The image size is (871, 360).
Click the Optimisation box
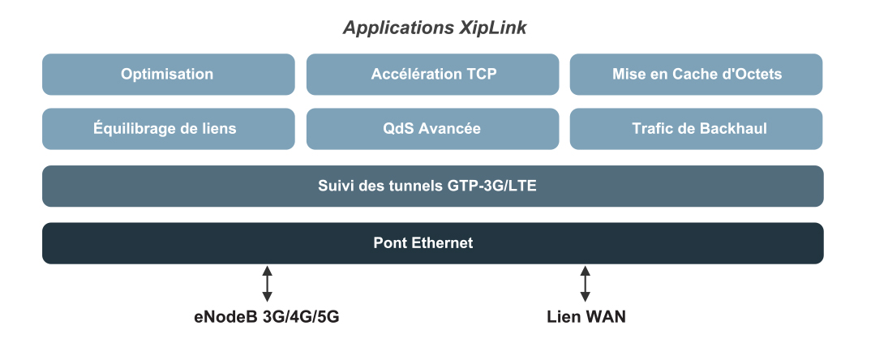[x=168, y=75]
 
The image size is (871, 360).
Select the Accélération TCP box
[x=432, y=75]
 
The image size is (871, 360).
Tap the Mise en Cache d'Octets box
[x=696, y=75]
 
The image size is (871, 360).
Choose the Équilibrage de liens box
[x=168, y=129]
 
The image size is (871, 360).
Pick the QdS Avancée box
[x=432, y=129]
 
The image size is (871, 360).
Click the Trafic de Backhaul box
[x=696, y=129]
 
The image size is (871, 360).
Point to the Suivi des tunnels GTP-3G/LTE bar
[x=432, y=186]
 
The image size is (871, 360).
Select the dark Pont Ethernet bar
[x=432, y=243]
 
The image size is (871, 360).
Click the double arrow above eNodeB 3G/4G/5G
[x=267, y=284]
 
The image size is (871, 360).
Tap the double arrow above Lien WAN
[x=585, y=284]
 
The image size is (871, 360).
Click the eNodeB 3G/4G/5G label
[x=267, y=317]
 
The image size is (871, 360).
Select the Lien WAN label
[x=586, y=317]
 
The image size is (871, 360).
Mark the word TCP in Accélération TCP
[x=481, y=75]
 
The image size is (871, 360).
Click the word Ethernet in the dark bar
[x=444, y=243]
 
